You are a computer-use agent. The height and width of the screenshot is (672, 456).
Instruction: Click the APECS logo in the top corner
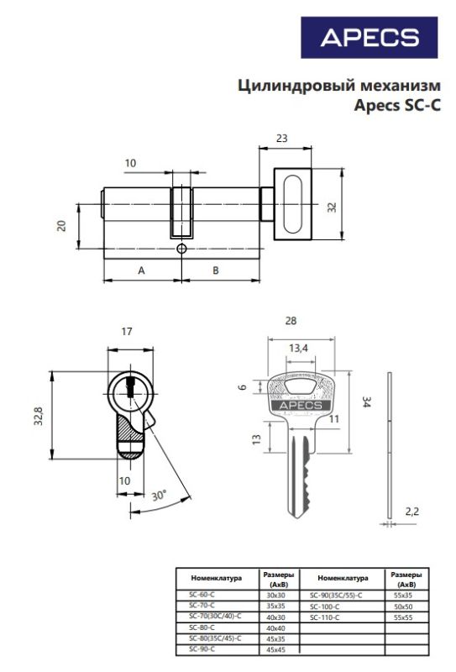point(369,38)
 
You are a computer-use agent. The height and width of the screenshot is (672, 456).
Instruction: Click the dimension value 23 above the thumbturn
point(281,139)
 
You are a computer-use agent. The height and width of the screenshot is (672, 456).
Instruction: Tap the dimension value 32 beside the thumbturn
point(332,207)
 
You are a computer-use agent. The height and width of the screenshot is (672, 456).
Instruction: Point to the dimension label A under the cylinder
point(141,270)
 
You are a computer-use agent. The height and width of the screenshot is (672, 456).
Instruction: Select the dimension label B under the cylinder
point(216,270)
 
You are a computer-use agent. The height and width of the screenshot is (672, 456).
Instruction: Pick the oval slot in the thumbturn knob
point(293,204)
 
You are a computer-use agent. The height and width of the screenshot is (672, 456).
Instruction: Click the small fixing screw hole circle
point(181,249)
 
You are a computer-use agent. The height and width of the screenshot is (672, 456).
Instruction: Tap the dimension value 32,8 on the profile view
point(39,416)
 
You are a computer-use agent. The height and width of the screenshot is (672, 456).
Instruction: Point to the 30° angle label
point(159,495)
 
